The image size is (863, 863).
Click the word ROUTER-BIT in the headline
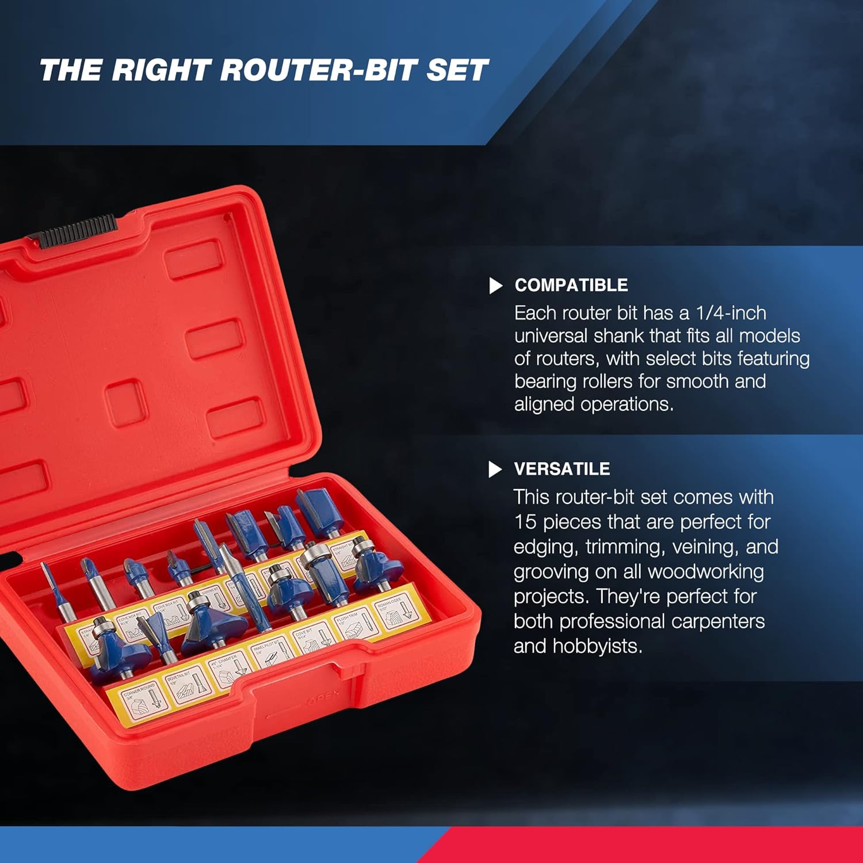[319, 70]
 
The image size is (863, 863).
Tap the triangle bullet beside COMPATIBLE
[495, 285]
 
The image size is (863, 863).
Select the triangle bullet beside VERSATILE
[495, 469]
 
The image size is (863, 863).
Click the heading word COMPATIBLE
[571, 285]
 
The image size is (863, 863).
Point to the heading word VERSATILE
[562, 469]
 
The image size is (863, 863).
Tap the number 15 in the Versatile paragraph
[525, 522]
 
